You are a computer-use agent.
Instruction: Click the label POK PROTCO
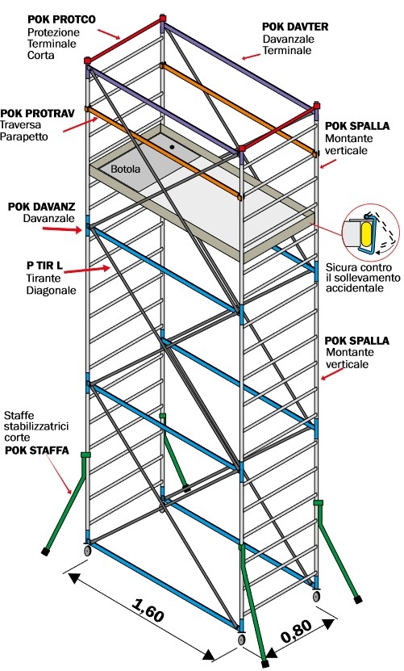[x=61, y=19]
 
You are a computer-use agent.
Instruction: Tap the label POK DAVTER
[x=295, y=27]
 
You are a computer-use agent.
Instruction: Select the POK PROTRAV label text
[x=38, y=113]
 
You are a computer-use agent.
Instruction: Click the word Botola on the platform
[x=125, y=169]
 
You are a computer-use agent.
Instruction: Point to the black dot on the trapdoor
[x=172, y=147]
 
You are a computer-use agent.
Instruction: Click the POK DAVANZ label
[x=41, y=207]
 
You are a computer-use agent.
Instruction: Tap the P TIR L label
[x=44, y=266]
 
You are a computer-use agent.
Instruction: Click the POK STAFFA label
[x=37, y=451]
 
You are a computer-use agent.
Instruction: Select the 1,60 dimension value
[x=148, y=610]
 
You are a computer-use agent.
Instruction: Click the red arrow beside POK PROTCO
[x=110, y=34]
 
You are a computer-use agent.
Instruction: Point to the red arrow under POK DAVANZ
[x=62, y=229]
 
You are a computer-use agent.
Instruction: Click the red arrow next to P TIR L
[x=87, y=270]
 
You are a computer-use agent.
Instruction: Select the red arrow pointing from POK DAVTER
[x=251, y=57]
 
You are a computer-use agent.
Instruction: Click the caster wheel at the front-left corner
[x=87, y=551]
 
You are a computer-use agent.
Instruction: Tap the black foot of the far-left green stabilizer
[x=46, y=551]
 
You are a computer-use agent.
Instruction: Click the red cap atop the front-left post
[x=88, y=61]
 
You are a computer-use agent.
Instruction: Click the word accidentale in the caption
[x=355, y=288]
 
